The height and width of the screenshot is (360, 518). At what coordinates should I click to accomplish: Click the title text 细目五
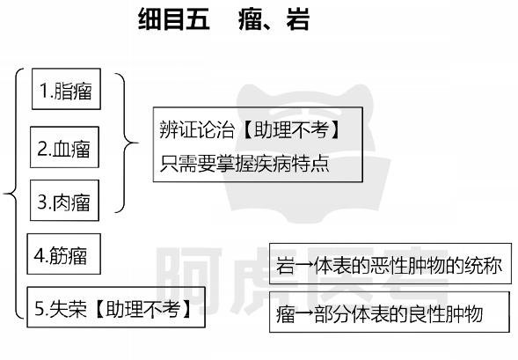click(x=174, y=18)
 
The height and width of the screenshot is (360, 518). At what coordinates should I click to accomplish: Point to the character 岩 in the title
click(x=297, y=18)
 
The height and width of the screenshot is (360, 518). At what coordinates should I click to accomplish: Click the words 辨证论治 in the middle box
click(x=197, y=129)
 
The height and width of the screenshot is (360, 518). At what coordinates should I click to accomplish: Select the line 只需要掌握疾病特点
click(x=244, y=163)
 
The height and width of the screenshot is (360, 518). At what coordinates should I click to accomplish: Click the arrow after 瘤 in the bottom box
click(x=304, y=313)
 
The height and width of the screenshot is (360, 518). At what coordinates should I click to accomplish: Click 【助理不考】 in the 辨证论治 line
click(x=291, y=129)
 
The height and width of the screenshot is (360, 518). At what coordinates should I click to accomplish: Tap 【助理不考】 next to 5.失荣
click(x=142, y=308)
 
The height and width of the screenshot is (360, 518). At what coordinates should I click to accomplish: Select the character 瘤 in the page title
click(x=250, y=18)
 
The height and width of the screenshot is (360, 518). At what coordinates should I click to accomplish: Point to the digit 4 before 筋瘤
click(x=39, y=255)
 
